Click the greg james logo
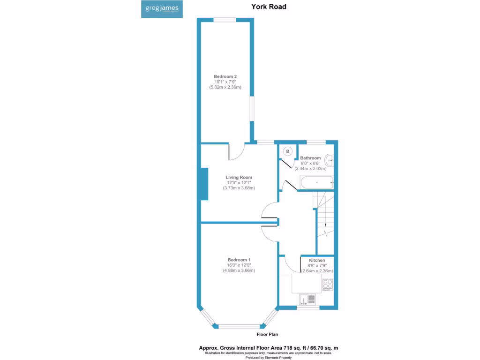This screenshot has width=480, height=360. coord(160,9)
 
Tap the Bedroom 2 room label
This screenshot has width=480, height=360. coord(225,76)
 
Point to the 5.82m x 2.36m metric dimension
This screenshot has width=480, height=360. coord(225,87)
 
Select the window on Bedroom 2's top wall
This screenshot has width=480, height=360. coord(225,20)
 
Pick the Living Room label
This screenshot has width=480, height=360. coord(239,177)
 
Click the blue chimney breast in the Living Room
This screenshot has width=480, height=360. coord(204,184)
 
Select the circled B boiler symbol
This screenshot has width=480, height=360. coord(288,151)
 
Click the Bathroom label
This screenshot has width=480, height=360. coord(310,158)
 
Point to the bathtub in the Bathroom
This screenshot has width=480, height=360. coord(317,182)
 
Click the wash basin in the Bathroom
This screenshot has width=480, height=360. coord(330,160)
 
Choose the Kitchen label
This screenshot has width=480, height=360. coord(317,260)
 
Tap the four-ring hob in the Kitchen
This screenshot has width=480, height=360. coord(327,284)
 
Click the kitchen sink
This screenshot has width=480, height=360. coord(308,298)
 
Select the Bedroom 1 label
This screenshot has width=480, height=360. coord(239,260)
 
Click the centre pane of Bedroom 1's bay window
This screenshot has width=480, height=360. coord(239,326)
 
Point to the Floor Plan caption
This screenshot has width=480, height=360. coord(268,334)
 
